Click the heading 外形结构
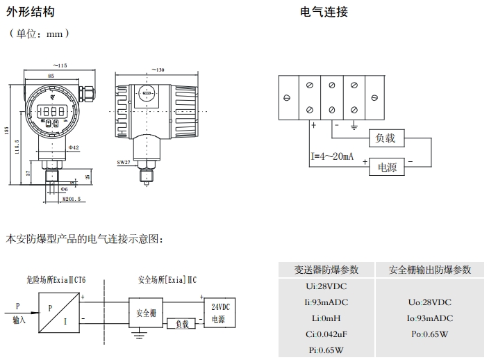tap(30, 12)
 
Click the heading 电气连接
tap(324, 12)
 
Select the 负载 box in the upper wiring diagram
tap(385, 138)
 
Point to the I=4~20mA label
tap(332, 156)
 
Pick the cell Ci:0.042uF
tap(326, 334)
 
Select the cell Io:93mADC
tap(431, 318)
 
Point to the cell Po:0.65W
tap(431, 334)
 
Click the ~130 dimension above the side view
tap(158, 69)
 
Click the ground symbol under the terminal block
tap(354, 126)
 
